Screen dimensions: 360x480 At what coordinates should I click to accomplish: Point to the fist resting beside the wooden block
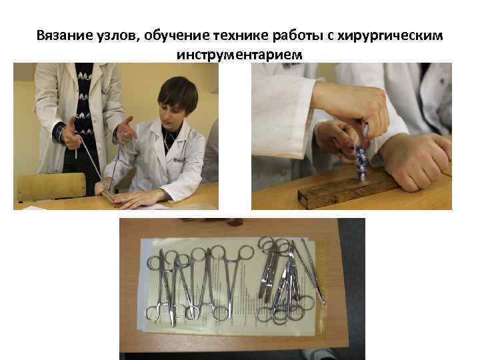(413, 160)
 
